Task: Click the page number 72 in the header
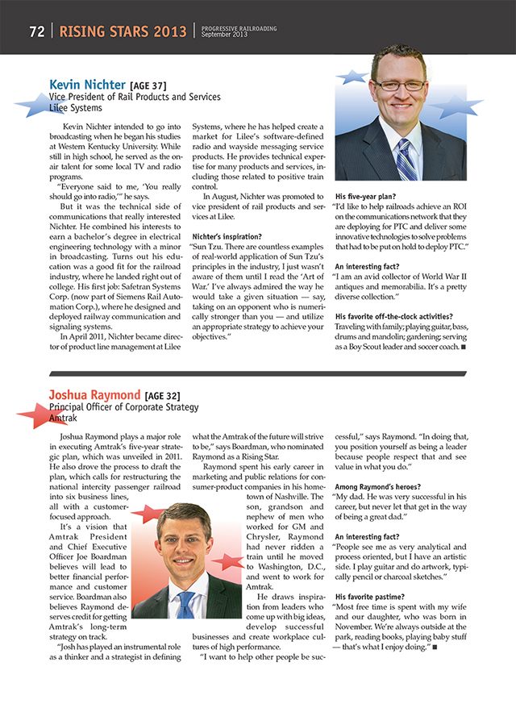(x=36, y=32)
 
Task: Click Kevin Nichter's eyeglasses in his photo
(x=399, y=85)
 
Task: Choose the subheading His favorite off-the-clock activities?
(x=393, y=315)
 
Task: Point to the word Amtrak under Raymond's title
(x=64, y=419)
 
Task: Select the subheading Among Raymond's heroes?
(x=378, y=487)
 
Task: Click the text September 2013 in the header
(x=224, y=35)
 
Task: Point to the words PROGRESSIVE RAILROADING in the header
(x=239, y=28)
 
